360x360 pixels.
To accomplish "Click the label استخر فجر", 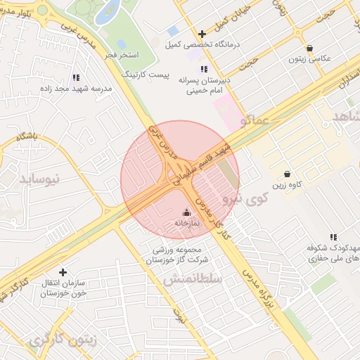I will click(x=124, y=54).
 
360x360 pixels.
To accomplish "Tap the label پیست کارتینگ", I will click(x=146, y=73).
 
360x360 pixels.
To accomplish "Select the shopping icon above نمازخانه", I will click(x=186, y=212).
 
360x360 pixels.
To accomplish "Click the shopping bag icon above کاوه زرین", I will click(x=287, y=174).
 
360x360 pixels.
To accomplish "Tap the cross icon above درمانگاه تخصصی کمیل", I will click(x=202, y=34).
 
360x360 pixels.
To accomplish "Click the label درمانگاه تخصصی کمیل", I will click(x=202, y=44).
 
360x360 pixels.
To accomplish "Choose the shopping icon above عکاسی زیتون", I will click(x=309, y=49).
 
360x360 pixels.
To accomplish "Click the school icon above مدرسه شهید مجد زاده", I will click(x=76, y=77).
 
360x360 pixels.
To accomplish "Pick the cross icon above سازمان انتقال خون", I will click(x=63, y=272).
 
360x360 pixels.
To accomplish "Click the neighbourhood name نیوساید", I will click(x=41, y=179).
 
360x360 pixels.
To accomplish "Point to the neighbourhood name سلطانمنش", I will click(x=193, y=279).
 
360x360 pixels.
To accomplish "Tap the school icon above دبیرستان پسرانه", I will click(x=204, y=69).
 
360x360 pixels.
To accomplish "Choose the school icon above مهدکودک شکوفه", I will click(x=333, y=238).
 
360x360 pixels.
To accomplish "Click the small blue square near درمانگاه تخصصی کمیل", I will click(x=173, y=32).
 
